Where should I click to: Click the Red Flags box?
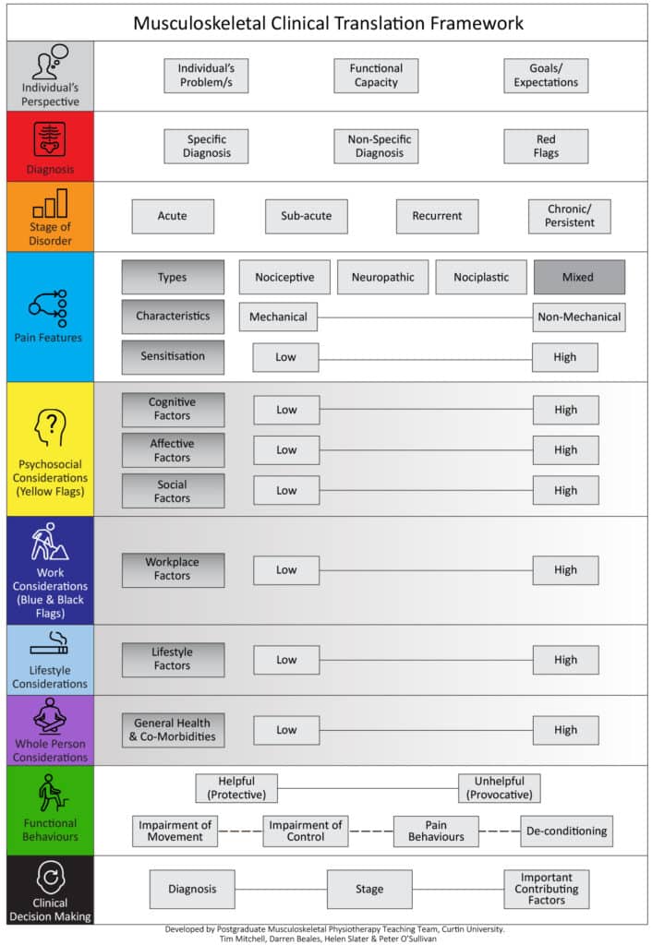(x=546, y=147)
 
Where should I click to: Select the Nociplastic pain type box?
(x=481, y=277)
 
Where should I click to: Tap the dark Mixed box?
(x=579, y=277)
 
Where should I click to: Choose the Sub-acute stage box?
(x=307, y=216)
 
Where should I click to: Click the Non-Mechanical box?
(x=579, y=317)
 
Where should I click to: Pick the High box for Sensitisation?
(x=565, y=357)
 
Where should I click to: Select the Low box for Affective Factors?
(x=286, y=450)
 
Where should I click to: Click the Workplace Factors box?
(x=173, y=569)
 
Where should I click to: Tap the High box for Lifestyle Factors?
(x=566, y=660)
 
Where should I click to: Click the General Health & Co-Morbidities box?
(x=173, y=730)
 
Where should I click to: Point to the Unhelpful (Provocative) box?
(x=500, y=788)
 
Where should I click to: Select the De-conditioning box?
(x=567, y=831)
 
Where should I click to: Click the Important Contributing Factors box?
(x=547, y=889)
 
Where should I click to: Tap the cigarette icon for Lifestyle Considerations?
(x=50, y=643)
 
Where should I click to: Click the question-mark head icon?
(x=50, y=428)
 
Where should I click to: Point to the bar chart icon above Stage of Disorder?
(x=50, y=202)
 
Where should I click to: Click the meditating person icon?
(x=50, y=715)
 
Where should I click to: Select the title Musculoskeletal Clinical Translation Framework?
(x=328, y=23)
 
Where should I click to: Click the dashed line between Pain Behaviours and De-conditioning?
(x=500, y=831)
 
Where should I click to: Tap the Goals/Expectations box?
(x=546, y=76)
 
